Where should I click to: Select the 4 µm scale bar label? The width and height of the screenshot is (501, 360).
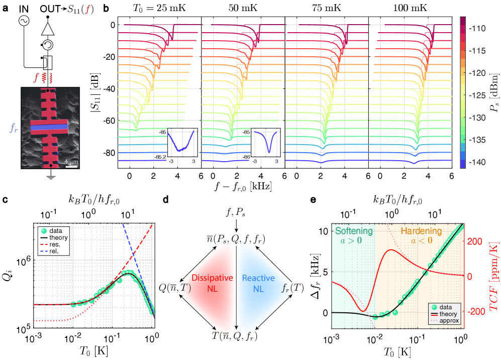(x=71, y=161)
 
